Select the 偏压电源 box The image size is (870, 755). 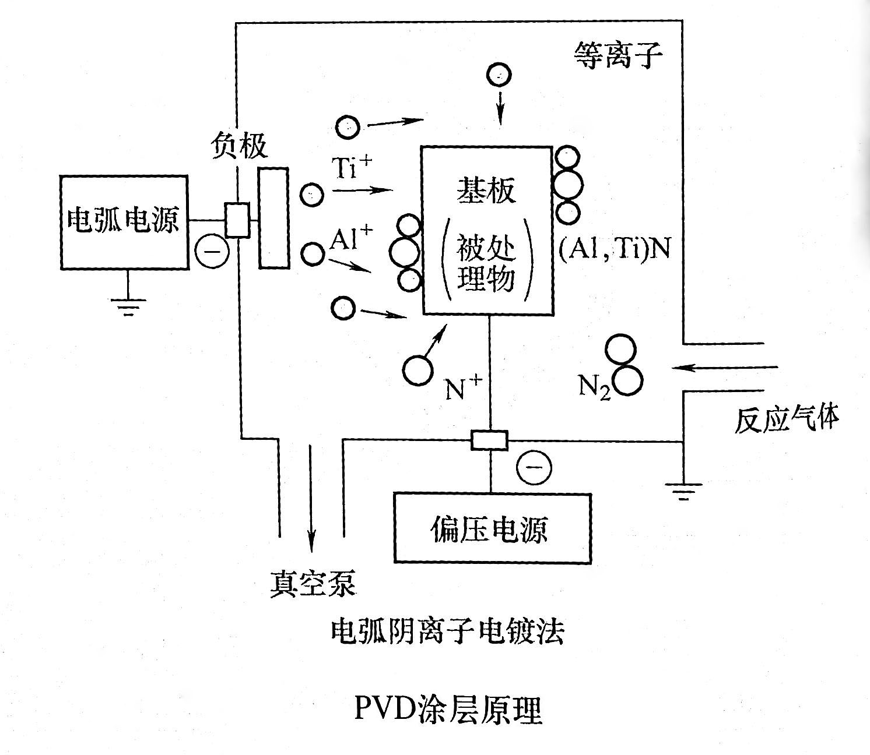tap(492, 528)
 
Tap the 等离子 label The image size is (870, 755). tap(619, 56)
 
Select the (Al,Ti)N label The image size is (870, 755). tap(614, 249)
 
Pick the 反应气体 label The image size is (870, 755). tap(787, 418)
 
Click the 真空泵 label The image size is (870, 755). tap(312, 583)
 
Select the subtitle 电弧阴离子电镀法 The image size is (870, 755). tap(447, 631)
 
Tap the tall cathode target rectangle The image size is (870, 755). tap(274, 218)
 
